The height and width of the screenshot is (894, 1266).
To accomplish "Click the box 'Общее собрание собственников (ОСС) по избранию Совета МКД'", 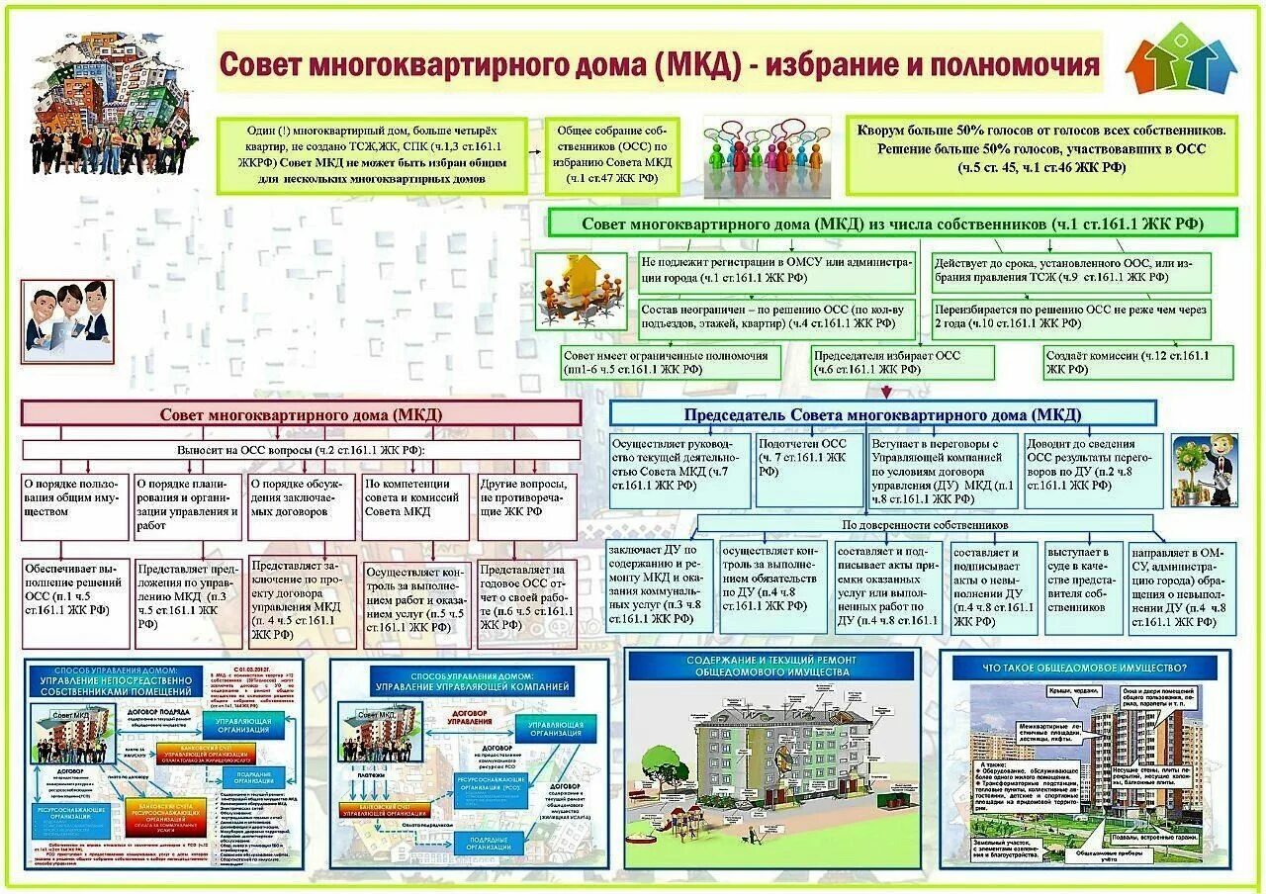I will pyautogui.click(x=612, y=155).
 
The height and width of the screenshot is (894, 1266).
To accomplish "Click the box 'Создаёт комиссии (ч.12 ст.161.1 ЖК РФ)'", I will pyautogui.click(x=1138, y=361).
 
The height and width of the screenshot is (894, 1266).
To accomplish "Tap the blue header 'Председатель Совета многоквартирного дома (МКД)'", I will pyautogui.click(x=882, y=414).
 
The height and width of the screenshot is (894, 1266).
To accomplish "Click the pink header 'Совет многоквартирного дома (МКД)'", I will pyautogui.click(x=301, y=414).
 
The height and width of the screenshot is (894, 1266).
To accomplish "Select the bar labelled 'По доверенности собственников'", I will pyautogui.click(x=925, y=525).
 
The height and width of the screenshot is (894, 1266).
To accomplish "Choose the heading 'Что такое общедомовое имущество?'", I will pyautogui.click(x=1084, y=668).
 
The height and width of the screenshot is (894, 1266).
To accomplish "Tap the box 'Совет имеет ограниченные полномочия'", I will pyautogui.click(x=670, y=361).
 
